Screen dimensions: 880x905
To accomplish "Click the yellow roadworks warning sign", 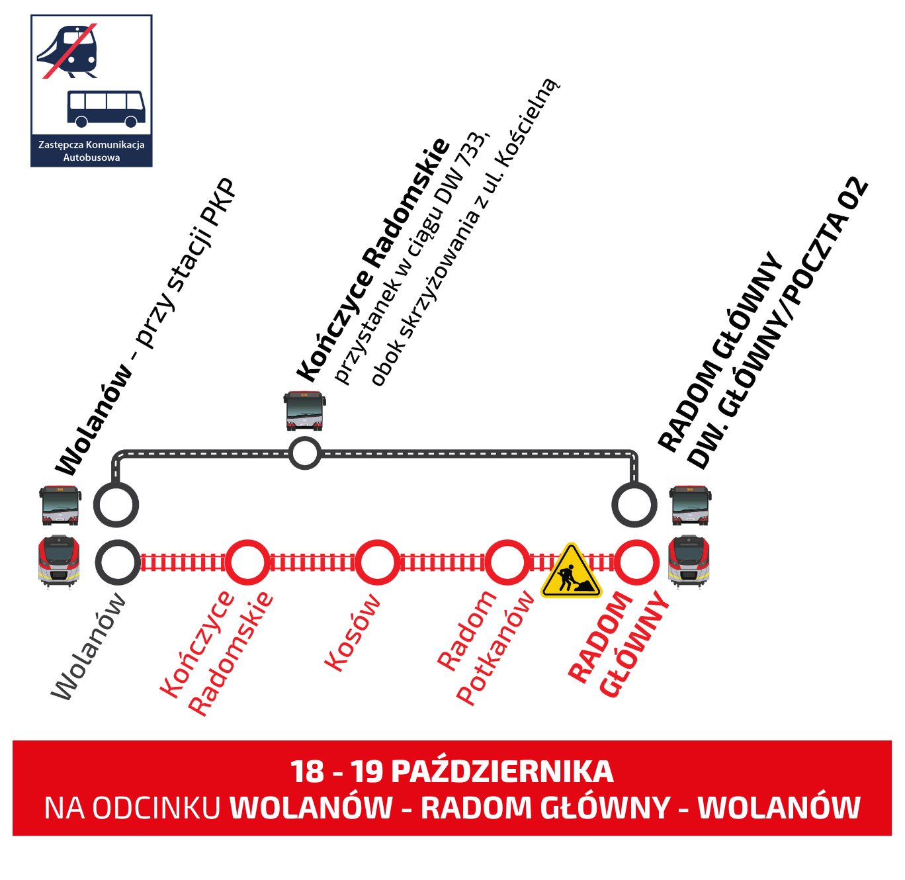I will pos(571,572).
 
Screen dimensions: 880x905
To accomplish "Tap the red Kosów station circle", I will pos(377,562).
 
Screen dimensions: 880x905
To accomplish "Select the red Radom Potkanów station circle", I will pos(507,562).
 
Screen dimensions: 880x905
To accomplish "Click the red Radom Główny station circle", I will pos(636,562).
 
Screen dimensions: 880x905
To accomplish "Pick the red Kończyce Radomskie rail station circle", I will pos(247,562).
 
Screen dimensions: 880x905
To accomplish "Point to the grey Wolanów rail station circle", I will pos(118,562).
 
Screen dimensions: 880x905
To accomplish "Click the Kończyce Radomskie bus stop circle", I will pos(305,453).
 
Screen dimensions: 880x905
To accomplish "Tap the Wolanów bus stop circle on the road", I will pos(116,505).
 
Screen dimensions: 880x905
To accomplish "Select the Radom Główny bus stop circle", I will pos(634,505).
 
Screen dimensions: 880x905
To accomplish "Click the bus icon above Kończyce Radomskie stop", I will pos(304,411).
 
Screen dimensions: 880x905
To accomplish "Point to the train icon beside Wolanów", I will pos(60,562).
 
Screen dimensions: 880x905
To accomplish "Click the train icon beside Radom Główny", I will pos(689,562).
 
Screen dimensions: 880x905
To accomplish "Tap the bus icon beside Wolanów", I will pos(60,506).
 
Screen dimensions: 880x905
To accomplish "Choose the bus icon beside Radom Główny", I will pos(690,506).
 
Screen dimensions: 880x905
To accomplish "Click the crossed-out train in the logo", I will pos(69,51).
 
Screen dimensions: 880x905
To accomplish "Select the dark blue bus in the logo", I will pos(106,108).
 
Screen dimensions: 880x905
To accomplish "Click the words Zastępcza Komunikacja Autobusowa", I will pos(91,151).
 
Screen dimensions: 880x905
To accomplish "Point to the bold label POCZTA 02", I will pos(826,245).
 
